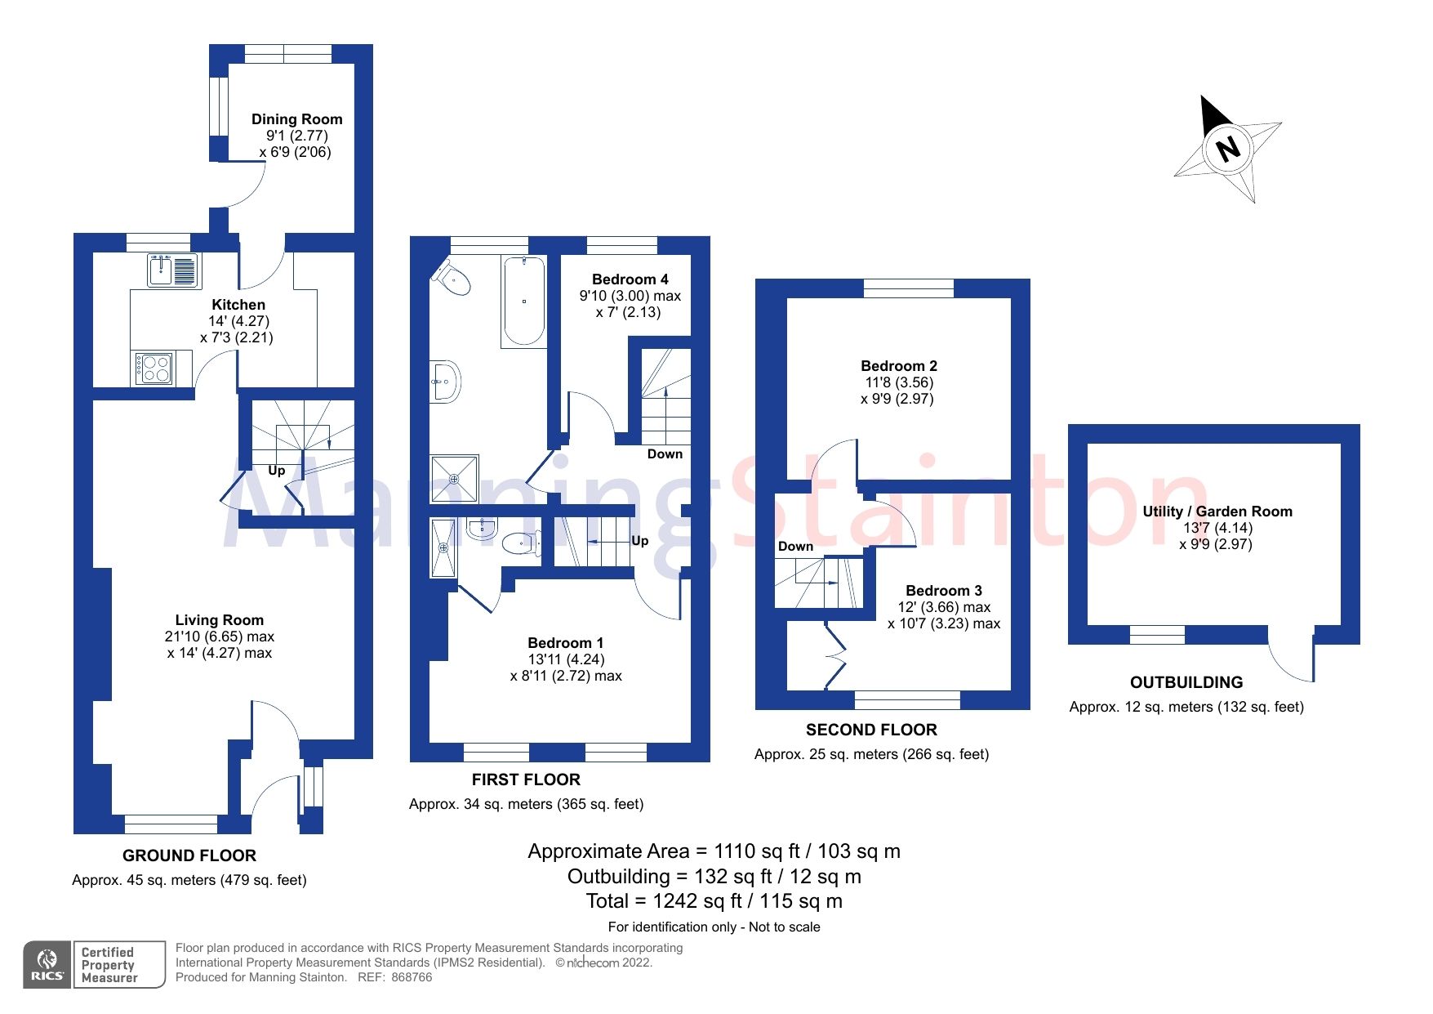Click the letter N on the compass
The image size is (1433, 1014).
pos(1227,149)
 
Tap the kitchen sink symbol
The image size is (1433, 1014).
pos(173,270)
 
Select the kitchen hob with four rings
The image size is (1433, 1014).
pos(154,369)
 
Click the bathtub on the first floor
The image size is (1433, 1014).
pos(523,301)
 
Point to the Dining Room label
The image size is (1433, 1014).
pos(296,119)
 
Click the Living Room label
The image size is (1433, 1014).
pos(219,620)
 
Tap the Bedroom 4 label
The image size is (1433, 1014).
pos(630,279)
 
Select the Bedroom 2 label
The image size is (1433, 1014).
pos(898,366)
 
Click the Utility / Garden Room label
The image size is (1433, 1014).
pos(1217,511)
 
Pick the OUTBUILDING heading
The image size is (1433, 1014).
pos(1186,682)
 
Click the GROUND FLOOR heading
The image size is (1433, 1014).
pos(189,855)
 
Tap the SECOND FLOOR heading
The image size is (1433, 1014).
pos(871,730)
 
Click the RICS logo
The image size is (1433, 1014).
pos(47,965)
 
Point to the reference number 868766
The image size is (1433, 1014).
pos(412,977)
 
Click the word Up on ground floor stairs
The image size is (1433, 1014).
pos(277,471)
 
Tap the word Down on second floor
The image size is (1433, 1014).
pos(795,547)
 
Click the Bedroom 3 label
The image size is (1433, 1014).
pos(943,591)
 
